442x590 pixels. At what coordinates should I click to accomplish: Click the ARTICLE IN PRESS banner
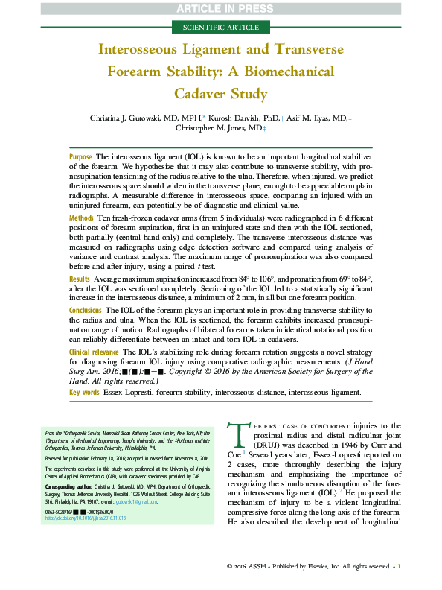click(220, 8)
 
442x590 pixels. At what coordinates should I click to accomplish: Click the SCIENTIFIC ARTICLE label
click(220, 28)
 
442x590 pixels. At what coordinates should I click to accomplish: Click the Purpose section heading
click(80, 157)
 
